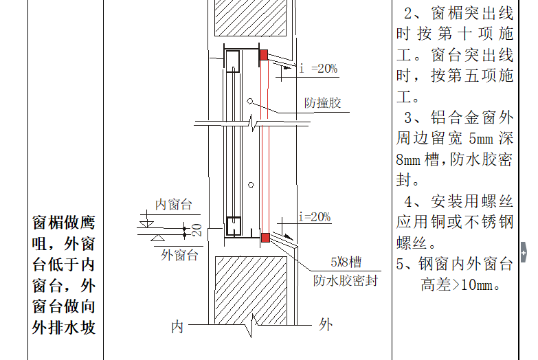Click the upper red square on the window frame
click(x=264, y=54)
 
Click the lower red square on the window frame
click(x=265, y=238)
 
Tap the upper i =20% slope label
click(x=318, y=68)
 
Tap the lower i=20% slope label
click(x=315, y=217)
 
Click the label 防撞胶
click(x=323, y=104)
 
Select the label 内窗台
click(x=173, y=204)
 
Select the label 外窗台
click(x=179, y=255)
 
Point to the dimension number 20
click(x=197, y=230)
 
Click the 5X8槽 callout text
click(x=346, y=262)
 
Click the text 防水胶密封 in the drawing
click(x=346, y=280)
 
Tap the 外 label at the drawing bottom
click(x=326, y=324)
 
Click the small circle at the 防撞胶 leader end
click(x=251, y=102)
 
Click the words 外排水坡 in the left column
click(x=64, y=327)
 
